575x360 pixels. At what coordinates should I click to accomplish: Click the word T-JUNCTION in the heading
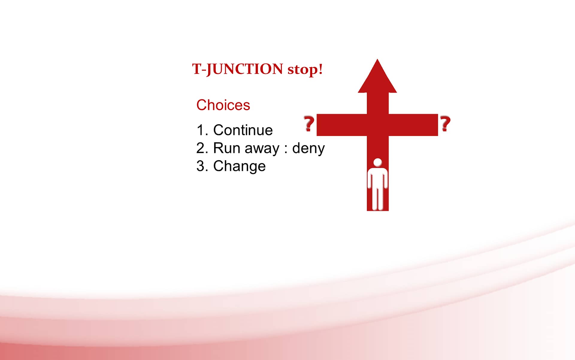coord(237,69)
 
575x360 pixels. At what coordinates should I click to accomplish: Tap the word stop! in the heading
coord(305,69)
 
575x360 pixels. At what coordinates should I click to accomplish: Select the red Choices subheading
coord(223,105)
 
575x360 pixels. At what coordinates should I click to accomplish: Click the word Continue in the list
coord(243,130)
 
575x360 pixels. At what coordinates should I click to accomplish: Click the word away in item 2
coord(262,149)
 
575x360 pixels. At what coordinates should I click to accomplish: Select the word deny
coord(308,149)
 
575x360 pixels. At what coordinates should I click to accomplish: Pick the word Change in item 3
coord(239,167)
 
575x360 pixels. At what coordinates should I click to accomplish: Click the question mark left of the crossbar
coord(309,124)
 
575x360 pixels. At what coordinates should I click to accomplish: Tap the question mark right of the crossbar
coord(445,124)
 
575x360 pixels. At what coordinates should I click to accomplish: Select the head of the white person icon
coord(378,162)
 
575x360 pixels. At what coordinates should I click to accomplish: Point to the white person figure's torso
coord(378,178)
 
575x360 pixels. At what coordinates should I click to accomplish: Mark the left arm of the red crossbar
coord(342,125)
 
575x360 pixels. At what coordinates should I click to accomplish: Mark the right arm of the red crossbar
coord(413,125)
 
